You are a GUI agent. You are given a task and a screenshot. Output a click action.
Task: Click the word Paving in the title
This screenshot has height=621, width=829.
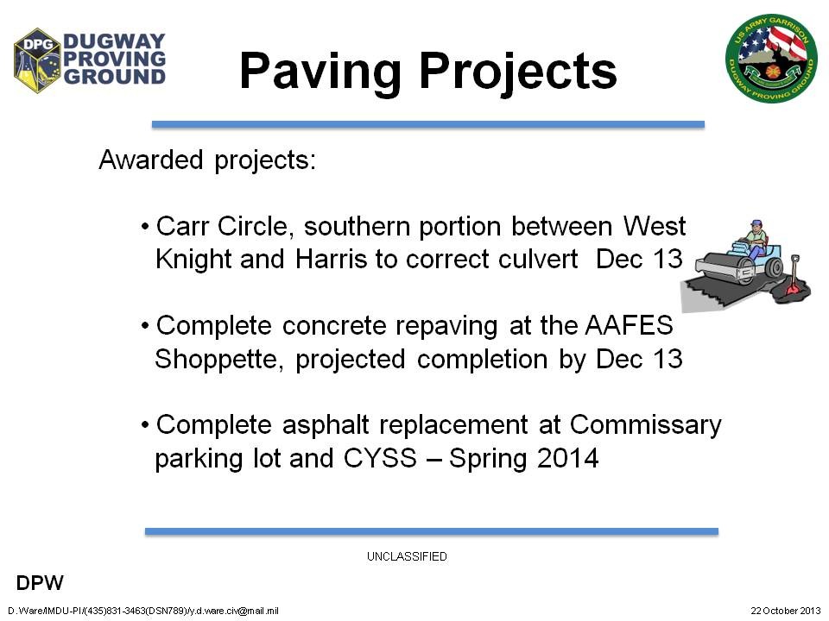[x=320, y=72]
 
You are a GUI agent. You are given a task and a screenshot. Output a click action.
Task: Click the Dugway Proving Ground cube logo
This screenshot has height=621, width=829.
[x=37, y=60]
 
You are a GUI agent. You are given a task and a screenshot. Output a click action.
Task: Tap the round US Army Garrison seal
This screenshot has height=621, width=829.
[x=771, y=58]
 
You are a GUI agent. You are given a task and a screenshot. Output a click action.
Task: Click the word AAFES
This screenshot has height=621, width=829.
[x=630, y=325]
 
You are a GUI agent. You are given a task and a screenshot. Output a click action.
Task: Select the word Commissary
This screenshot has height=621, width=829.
[x=646, y=425]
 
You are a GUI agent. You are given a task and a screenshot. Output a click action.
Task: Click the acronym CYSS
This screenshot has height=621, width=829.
[x=380, y=458]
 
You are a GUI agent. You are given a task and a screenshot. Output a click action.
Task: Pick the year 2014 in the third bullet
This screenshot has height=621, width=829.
[x=568, y=458]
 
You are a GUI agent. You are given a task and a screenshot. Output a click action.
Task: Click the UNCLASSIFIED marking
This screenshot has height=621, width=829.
[x=407, y=556]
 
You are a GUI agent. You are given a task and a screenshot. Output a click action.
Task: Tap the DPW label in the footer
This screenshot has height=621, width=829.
[x=40, y=583]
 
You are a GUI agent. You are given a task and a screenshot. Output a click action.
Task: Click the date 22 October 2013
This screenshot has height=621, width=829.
[x=786, y=611]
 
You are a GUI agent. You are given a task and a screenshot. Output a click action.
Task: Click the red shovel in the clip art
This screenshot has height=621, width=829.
[x=794, y=277]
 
